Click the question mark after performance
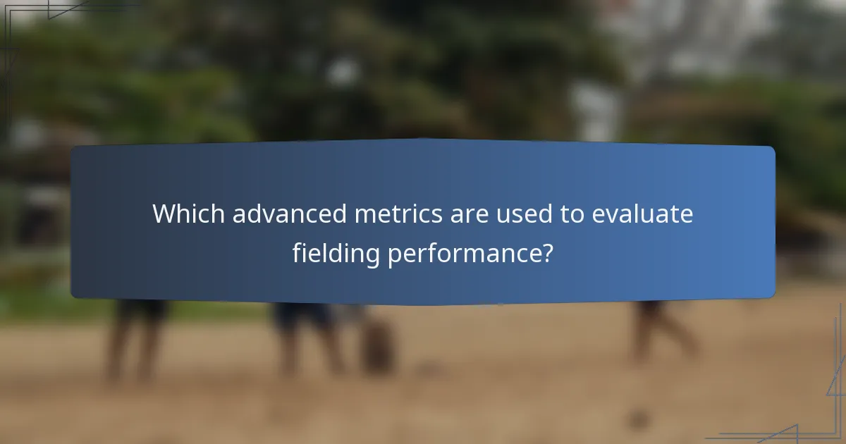pos(545,252)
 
